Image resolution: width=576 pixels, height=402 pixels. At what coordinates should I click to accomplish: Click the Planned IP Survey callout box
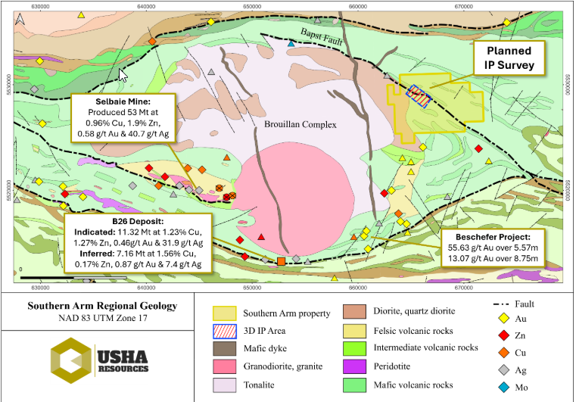tap(509, 58)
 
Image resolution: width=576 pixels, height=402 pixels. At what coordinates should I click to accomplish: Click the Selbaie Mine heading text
tap(124, 101)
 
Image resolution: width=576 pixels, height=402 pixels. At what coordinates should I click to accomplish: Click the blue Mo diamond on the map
tap(291, 44)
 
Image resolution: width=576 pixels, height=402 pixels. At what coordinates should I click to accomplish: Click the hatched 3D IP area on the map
tap(417, 94)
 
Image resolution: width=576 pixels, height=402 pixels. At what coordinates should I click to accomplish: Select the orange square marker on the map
tap(282, 261)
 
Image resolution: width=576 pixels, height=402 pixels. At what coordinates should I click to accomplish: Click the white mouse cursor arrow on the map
tap(124, 73)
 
